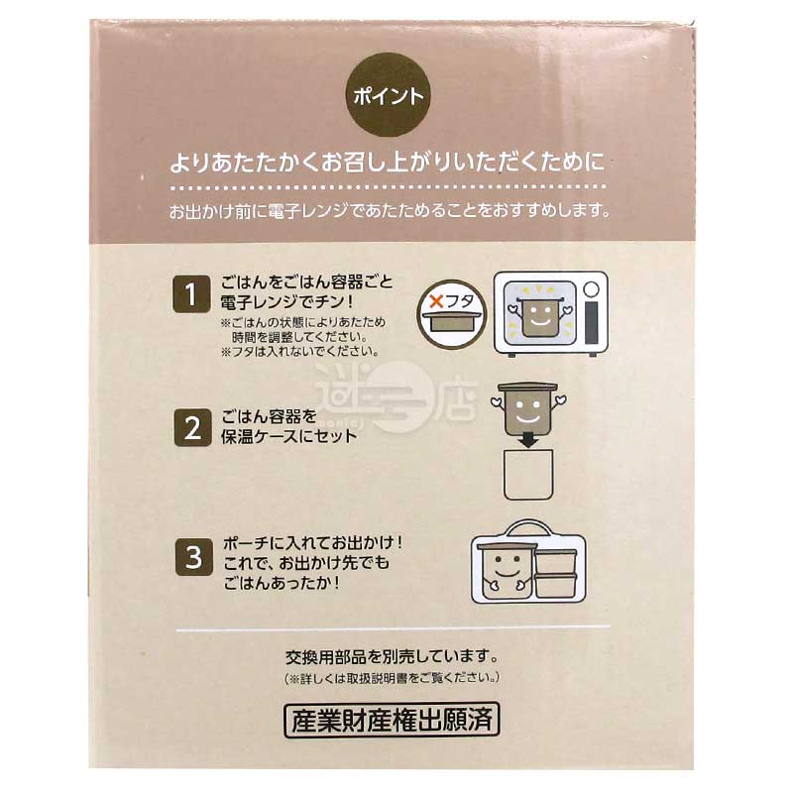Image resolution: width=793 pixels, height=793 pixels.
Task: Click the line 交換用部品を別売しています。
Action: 392,656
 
